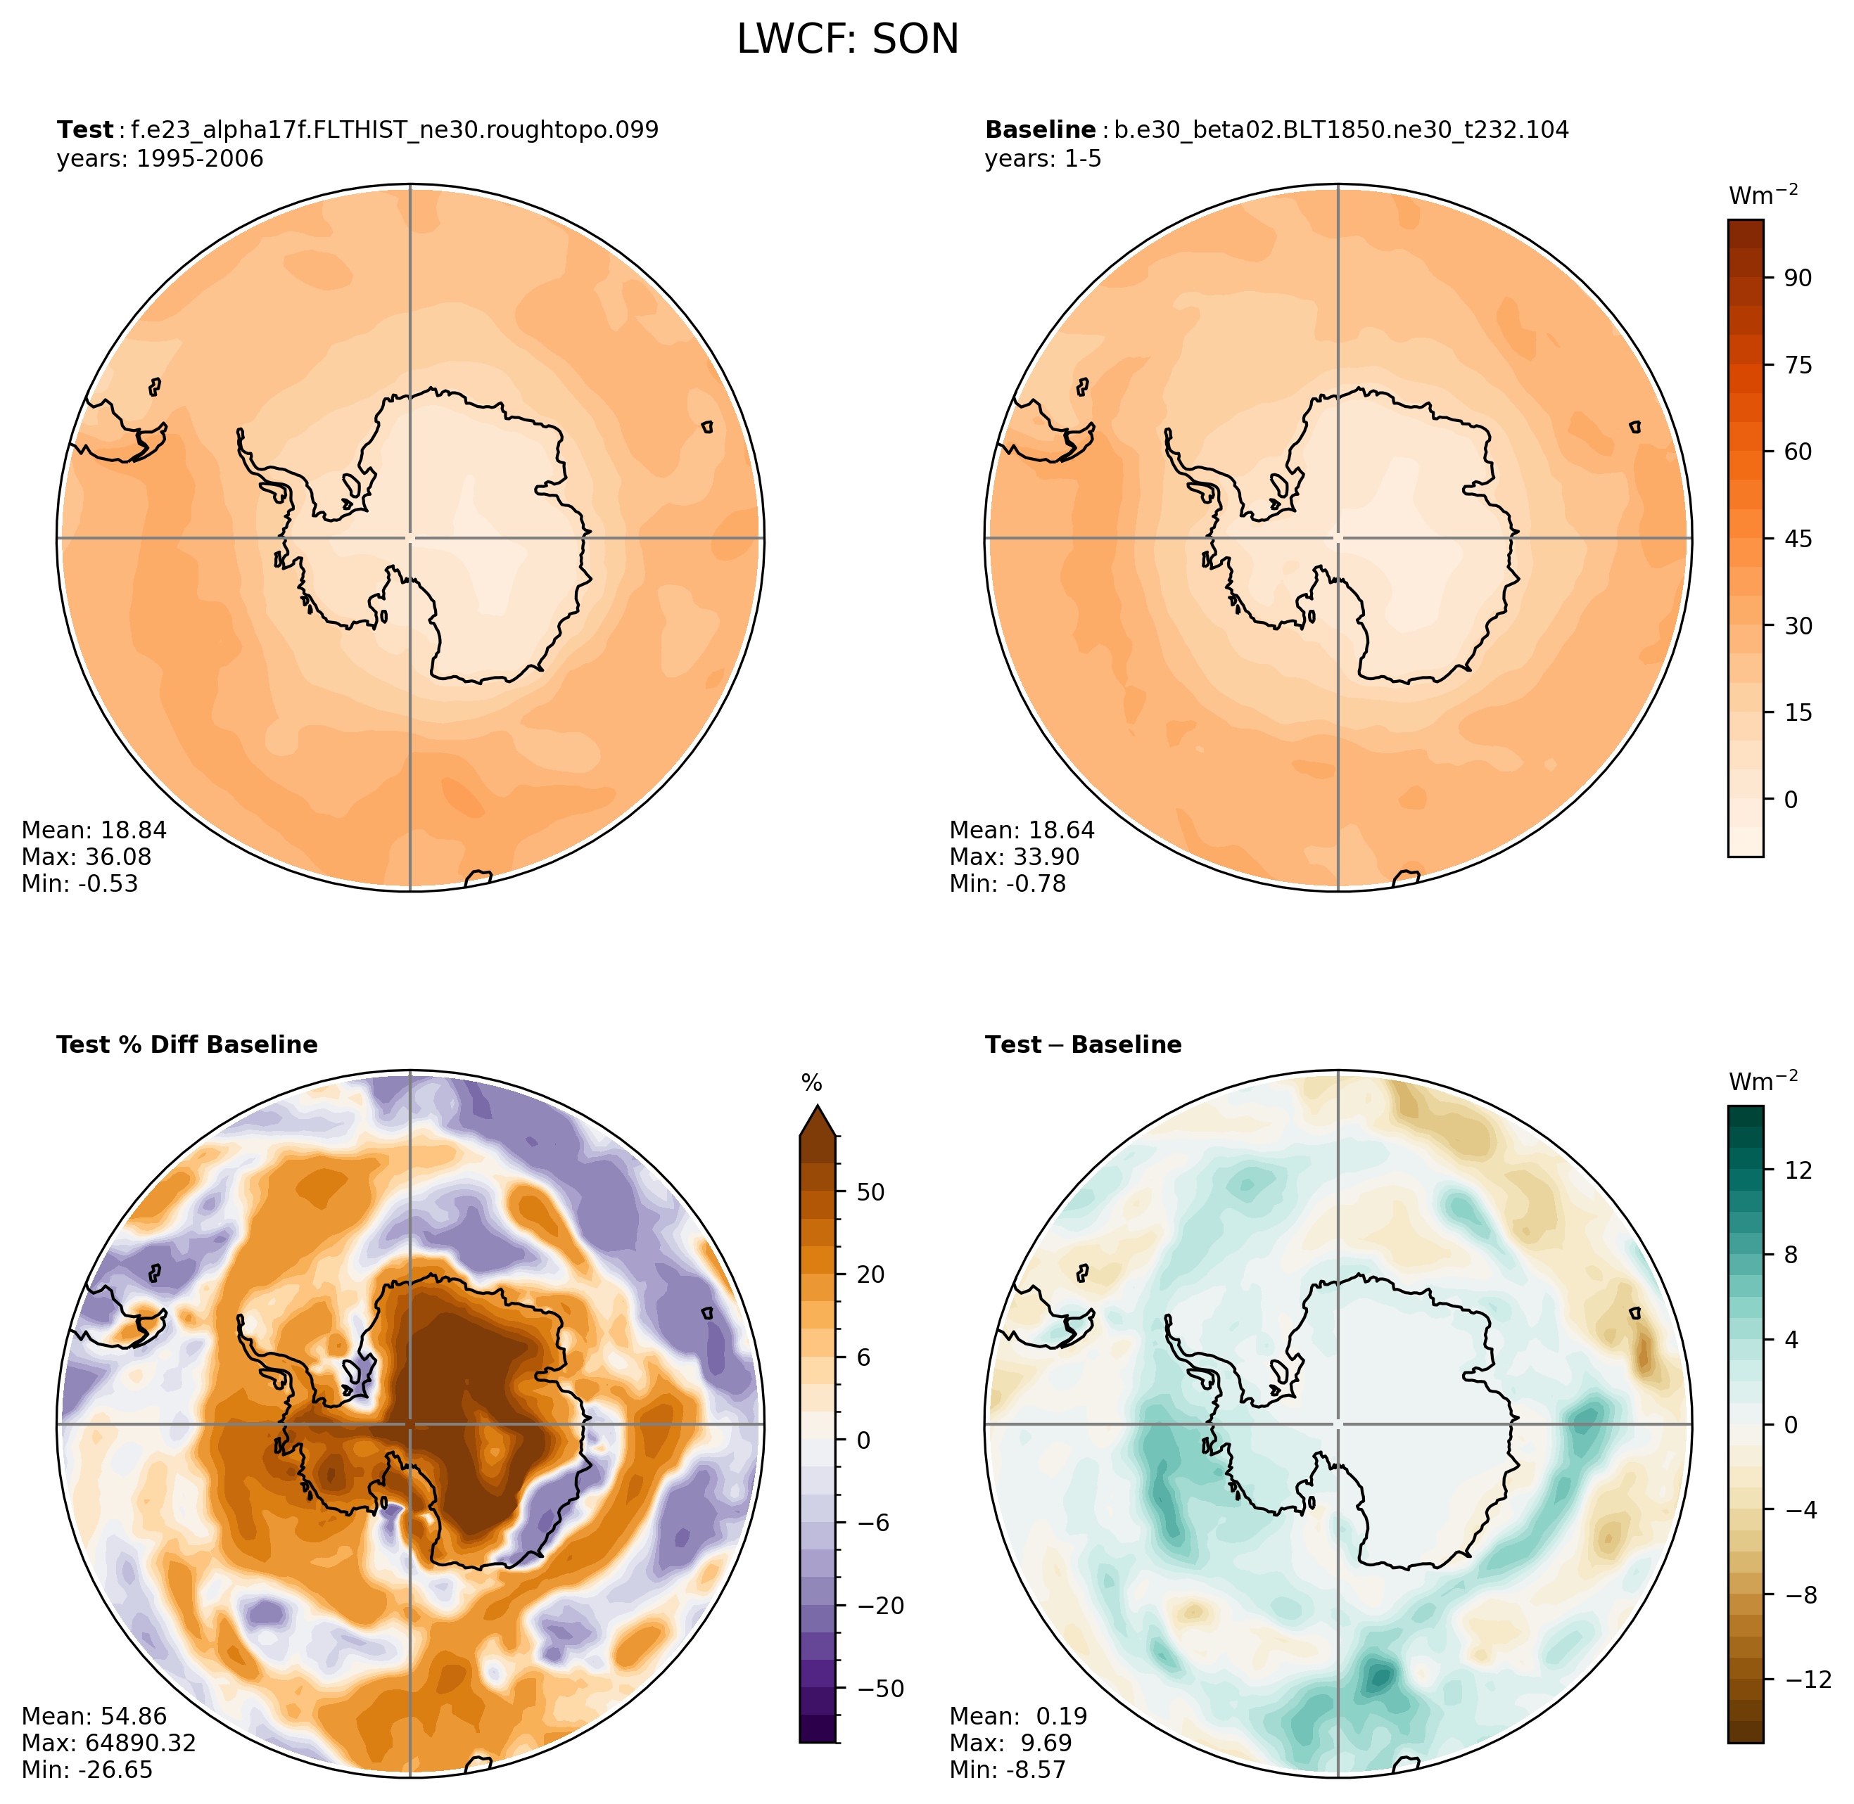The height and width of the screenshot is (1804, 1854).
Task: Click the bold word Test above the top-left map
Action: [x=84, y=130]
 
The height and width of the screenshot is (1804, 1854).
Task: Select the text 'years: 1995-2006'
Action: [x=160, y=158]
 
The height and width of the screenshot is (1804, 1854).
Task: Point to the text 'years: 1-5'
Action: [x=1043, y=158]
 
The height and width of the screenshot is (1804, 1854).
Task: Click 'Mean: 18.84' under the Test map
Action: [x=94, y=830]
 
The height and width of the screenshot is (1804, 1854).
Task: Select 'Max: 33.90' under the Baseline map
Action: [x=1014, y=857]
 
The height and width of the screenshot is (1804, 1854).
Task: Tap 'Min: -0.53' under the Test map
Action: [x=80, y=883]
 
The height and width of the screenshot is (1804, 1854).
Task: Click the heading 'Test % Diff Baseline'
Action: [x=186, y=1044]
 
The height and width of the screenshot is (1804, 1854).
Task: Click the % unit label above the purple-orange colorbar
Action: [x=811, y=1083]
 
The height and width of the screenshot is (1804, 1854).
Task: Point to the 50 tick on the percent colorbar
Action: [x=870, y=1192]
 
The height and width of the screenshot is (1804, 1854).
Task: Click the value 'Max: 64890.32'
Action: [x=108, y=1742]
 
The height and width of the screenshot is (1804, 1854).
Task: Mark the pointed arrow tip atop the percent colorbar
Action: [x=817, y=1106]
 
